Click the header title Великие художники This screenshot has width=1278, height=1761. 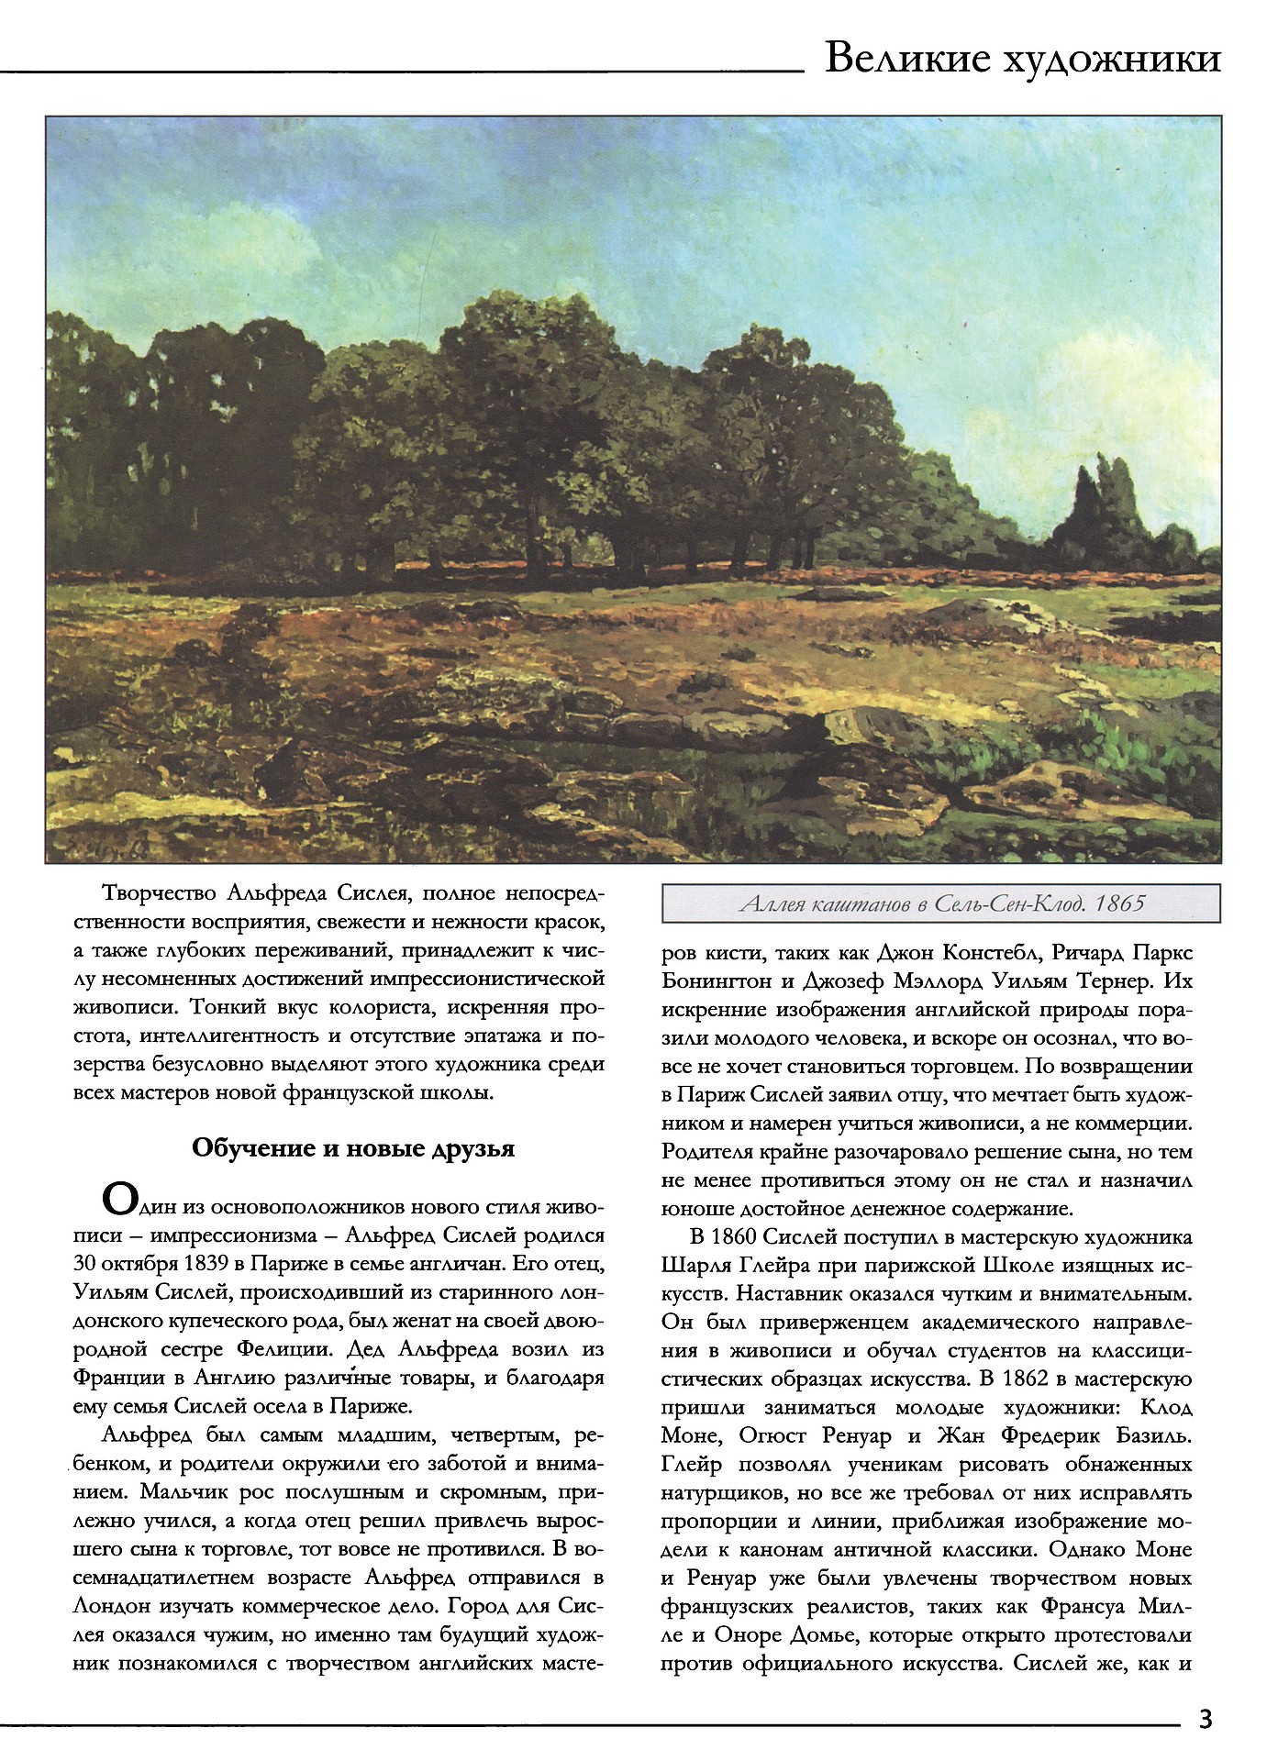click(1022, 58)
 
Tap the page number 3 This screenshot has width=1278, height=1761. click(1206, 1718)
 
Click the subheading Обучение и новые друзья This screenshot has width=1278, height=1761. click(353, 1148)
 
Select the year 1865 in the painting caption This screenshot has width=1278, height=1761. click(1119, 903)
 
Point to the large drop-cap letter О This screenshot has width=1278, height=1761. click(120, 1200)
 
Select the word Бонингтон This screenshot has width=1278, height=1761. click(717, 981)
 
